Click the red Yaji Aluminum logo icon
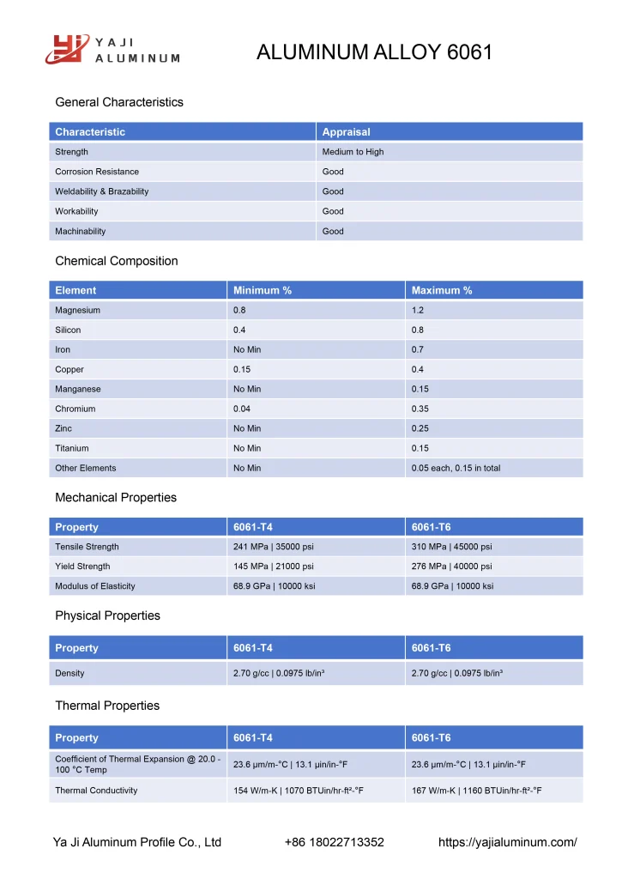point(67,49)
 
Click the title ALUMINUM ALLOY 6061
point(374,52)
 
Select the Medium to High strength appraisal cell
point(353,152)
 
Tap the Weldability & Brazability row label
point(101,191)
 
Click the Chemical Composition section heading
point(117,261)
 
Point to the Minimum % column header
point(263,290)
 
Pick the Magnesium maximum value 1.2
point(418,310)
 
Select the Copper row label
point(69,369)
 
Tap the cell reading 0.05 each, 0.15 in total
point(456,468)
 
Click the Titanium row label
point(72,448)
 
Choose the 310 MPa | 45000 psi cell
point(451,547)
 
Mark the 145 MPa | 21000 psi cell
point(273,567)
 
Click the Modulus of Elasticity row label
point(95,586)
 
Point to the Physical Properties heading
point(107,615)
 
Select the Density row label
point(69,673)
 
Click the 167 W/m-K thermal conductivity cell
point(476,791)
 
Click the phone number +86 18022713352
point(334,842)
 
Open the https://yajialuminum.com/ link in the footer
point(507,842)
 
